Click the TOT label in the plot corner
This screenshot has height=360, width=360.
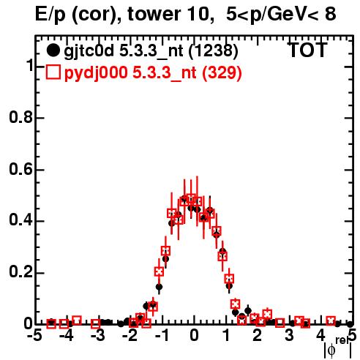[308, 50]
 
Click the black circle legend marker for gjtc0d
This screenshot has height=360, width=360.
[53, 50]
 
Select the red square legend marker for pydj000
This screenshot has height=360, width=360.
[53, 72]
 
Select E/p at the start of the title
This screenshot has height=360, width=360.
[50, 15]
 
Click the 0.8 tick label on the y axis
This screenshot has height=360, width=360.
[20, 117]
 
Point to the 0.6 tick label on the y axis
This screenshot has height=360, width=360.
[20, 169]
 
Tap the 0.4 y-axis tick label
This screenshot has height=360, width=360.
[20, 221]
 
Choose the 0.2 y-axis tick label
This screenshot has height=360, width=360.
[20, 273]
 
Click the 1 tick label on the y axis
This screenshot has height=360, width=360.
[29, 66]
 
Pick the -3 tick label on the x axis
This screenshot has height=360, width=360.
[98, 336]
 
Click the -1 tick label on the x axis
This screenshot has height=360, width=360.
[162, 336]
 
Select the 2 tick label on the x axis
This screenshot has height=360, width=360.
[258, 336]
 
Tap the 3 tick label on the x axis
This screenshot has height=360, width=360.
[289, 336]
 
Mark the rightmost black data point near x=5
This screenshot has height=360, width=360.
[350, 324]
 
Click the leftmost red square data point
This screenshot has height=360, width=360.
[51, 324]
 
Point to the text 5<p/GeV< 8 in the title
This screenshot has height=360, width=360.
[281, 15]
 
